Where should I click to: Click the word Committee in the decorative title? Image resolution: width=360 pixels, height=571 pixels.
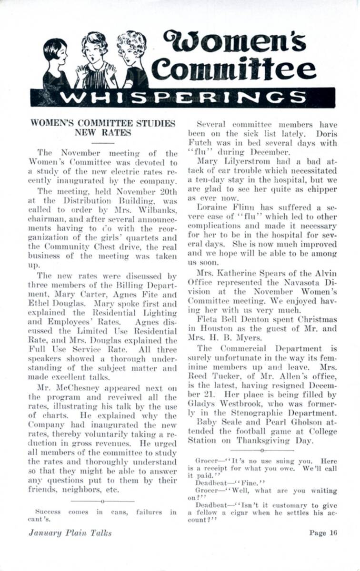[236, 69]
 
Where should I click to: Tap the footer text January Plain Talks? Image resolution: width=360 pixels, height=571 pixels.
[70, 532]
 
